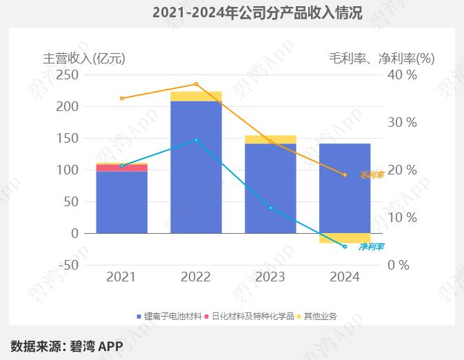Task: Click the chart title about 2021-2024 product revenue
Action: (x=256, y=12)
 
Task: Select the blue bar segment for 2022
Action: (x=196, y=168)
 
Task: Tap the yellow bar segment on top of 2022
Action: (x=196, y=97)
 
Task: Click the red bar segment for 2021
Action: (x=121, y=168)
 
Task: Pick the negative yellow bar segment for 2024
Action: (x=345, y=238)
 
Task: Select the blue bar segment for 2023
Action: (x=270, y=188)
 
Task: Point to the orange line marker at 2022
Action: (x=196, y=84)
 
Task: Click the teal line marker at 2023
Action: (x=270, y=208)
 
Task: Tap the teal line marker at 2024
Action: (x=345, y=246)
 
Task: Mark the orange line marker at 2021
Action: (x=121, y=99)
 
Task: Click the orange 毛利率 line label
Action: (x=371, y=175)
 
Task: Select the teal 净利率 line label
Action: (x=371, y=246)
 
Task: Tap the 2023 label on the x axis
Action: (x=270, y=277)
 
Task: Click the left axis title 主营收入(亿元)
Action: (x=84, y=58)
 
